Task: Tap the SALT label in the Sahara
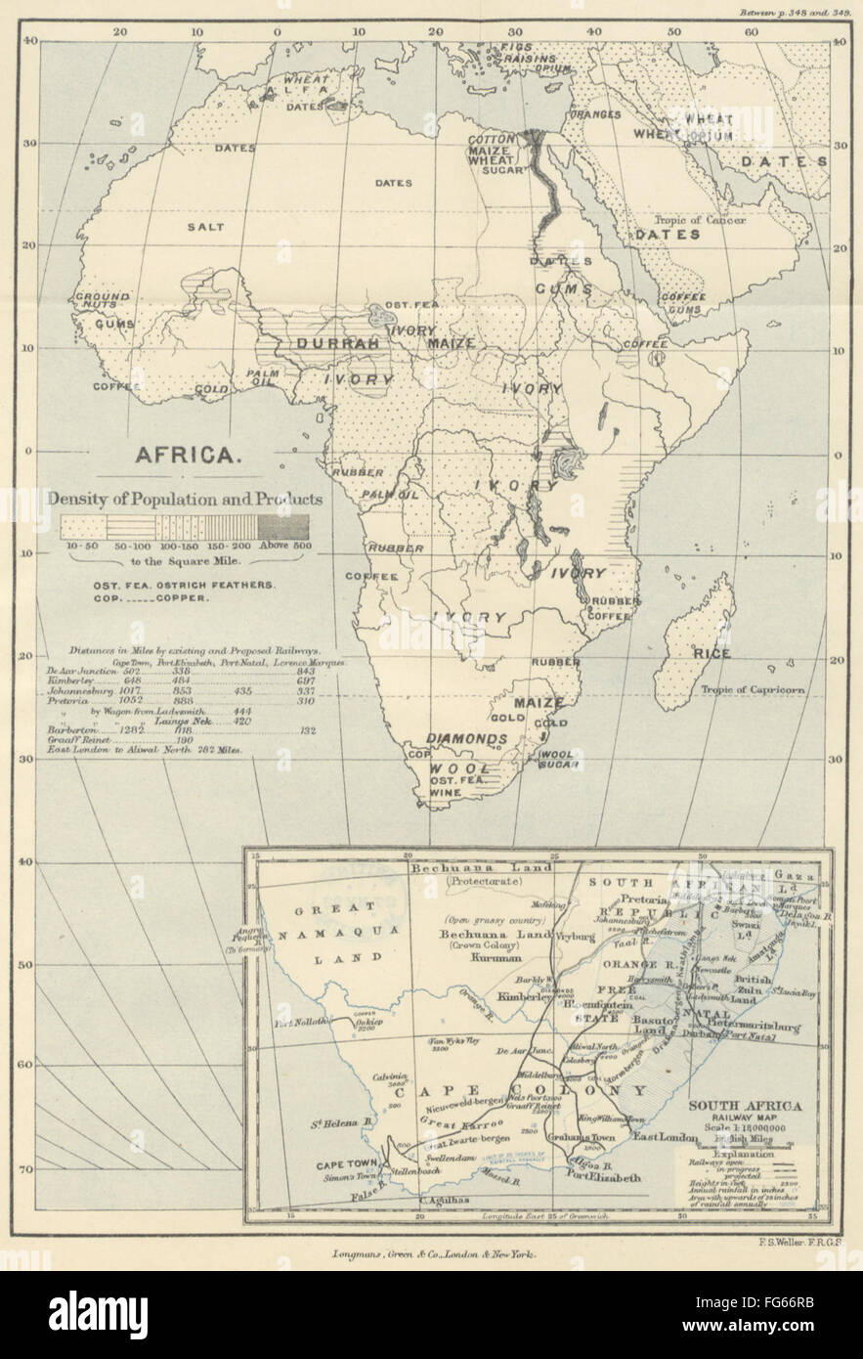coord(205,227)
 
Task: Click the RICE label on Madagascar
coord(711,653)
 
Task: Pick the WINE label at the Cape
coord(445,793)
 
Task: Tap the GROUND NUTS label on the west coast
coord(104,301)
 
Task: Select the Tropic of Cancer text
coord(700,220)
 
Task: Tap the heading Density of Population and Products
coord(186,499)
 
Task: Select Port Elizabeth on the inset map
coord(598,1177)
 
